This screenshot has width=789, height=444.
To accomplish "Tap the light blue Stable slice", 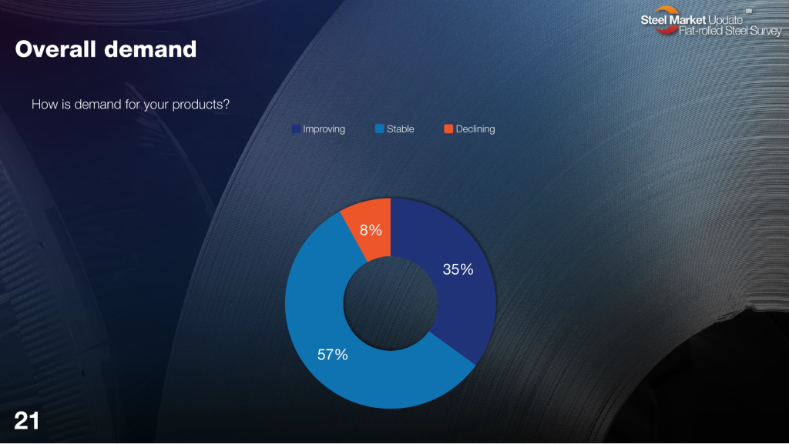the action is coord(342,346).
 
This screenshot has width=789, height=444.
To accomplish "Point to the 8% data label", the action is coord(371,230).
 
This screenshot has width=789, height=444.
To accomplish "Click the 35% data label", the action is coord(458,269).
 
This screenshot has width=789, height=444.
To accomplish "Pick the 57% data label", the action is coord(333,355).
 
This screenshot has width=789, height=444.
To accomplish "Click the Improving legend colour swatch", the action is coord(296,129).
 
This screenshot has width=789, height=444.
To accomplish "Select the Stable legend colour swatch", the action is coord(379,129).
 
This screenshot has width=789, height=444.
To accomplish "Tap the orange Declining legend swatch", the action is coord(448,129).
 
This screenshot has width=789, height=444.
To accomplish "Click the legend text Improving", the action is coord(324,129).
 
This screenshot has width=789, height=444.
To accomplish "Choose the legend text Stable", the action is coord(401,129).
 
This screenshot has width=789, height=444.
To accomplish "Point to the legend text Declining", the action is coord(475,129).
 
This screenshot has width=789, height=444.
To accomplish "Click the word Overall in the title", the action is coord(55,49).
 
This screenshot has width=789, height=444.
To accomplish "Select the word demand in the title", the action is coord(150,49).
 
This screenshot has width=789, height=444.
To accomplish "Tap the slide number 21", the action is coord(27,421).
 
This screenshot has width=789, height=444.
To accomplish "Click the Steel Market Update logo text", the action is coord(692,20).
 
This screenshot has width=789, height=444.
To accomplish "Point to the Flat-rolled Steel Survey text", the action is coord(730,31).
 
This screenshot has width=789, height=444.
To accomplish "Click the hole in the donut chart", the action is coord(391,303).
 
